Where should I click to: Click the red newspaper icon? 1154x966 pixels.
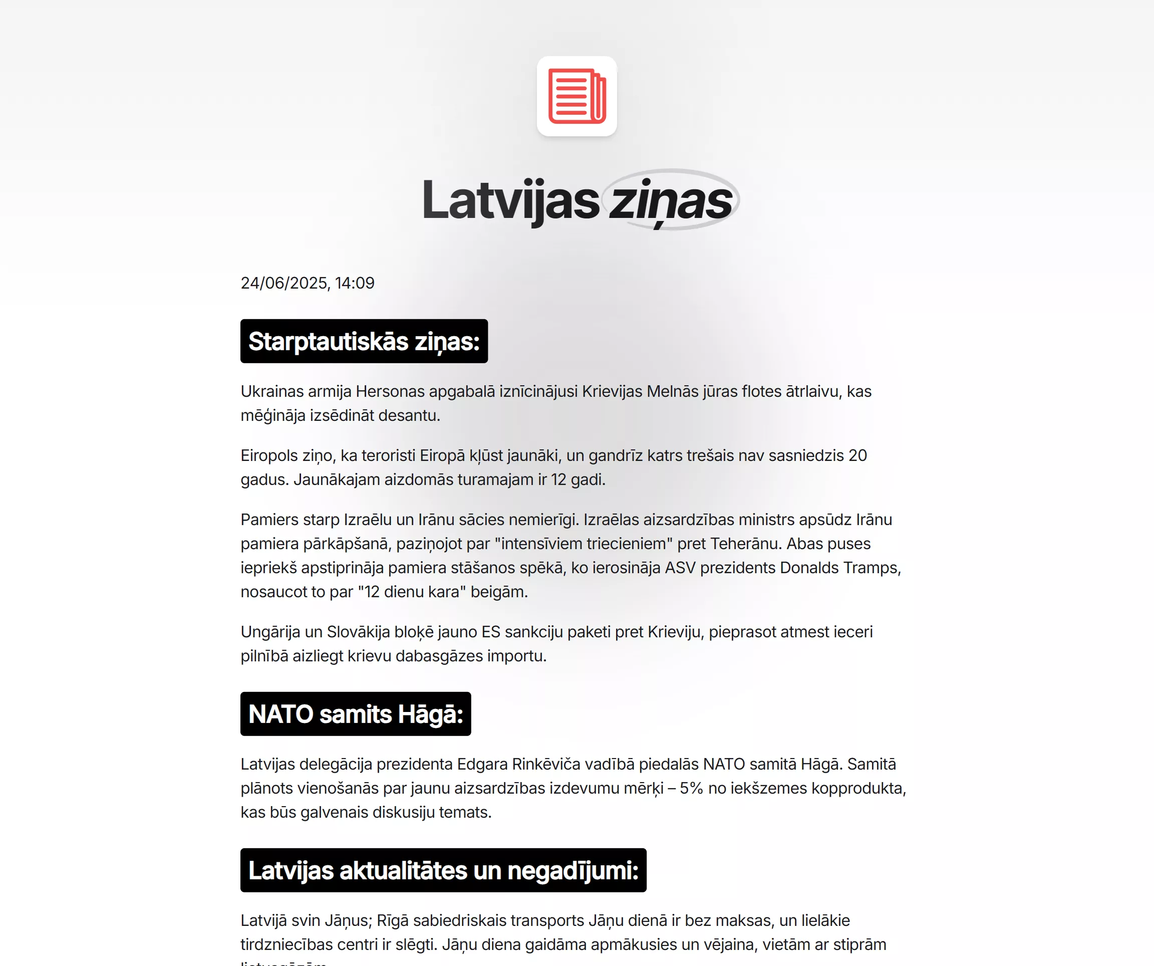[576, 96]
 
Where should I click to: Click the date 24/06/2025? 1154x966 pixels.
[284, 283]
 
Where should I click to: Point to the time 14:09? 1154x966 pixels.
[355, 283]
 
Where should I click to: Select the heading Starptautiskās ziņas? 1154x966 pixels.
[364, 341]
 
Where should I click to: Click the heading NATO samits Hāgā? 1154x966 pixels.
[356, 714]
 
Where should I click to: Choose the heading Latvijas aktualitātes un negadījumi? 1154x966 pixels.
[443, 871]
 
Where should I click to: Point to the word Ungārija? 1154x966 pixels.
[270, 632]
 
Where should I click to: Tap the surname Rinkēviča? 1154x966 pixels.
[545, 764]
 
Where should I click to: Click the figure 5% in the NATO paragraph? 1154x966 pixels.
[691, 789]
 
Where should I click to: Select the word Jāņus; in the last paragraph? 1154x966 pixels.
[348, 921]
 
